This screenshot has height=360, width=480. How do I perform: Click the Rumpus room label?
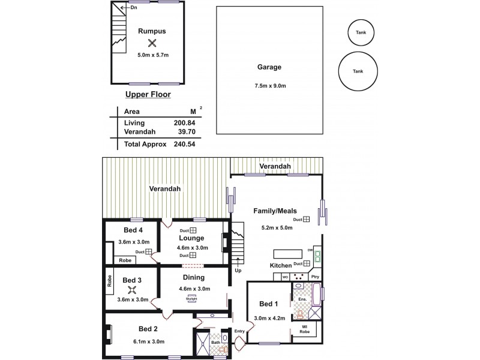pyautogui.click(x=152, y=31)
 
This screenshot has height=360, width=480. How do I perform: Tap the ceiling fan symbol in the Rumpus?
pyautogui.click(x=152, y=43)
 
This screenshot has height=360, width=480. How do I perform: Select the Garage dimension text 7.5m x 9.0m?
pyautogui.click(x=270, y=86)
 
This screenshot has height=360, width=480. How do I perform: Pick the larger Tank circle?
pyautogui.click(x=358, y=71)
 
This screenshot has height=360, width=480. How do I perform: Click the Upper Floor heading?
pyautogui.click(x=148, y=95)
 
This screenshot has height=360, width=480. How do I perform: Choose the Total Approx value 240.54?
pyautogui.click(x=184, y=145)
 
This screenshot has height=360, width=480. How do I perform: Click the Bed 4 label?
pyautogui.click(x=133, y=230)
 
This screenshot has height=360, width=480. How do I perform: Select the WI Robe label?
pyautogui.click(x=305, y=329)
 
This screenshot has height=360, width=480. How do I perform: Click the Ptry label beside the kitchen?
pyautogui.click(x=315, y=277)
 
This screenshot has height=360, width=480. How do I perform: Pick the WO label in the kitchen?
pyautogui.click(x=286, y=277)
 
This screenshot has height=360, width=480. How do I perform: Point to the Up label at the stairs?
pyautogui.click(x=238, y=271)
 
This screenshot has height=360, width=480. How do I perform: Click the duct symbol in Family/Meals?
pyautogui.click(x=306, y=220)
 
